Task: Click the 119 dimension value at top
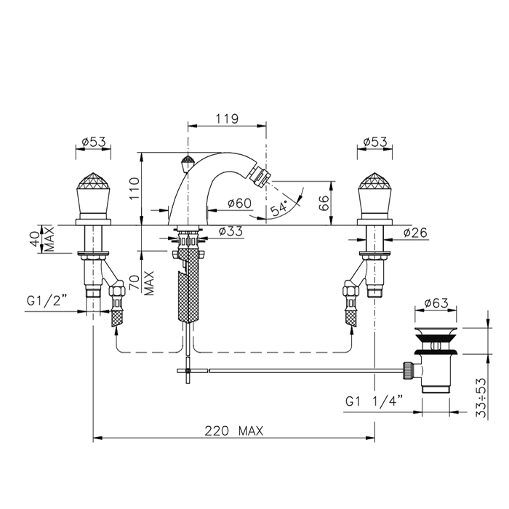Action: pos(227,119)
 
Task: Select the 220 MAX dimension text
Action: pos(233,431)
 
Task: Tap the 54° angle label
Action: pos(279,208)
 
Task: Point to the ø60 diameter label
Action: pos(239,203)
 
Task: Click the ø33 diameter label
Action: pos(231,231)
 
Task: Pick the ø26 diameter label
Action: pos(415,233)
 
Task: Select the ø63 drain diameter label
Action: pos(436,303)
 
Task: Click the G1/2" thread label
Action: pos(47,301)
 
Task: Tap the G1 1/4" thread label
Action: pos(374,401)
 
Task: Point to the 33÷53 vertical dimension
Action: pos(481,398)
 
